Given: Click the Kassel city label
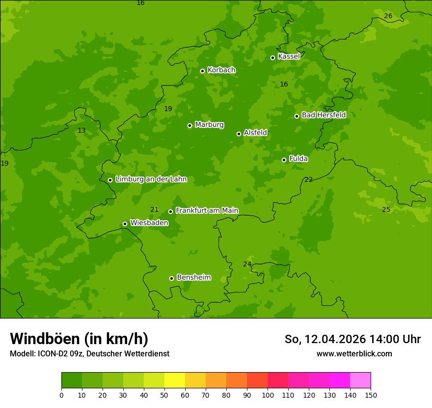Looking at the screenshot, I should (289, 57).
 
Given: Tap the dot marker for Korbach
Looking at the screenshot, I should (202, 71).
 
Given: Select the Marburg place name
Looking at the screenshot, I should (209, 125).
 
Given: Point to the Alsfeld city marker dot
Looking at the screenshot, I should (239, 134).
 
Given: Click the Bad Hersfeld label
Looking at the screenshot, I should (324, 115).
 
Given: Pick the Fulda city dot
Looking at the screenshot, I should (284, 160).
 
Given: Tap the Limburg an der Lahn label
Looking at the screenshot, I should (151, 179).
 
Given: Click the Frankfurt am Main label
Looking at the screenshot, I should (207, 210).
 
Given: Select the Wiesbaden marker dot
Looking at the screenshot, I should (125, 224).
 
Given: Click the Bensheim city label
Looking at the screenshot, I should (193, 277).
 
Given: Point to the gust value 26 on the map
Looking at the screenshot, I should (388, 16).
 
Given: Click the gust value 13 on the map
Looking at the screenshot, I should (81, 130).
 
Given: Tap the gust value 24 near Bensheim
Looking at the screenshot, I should (247, 264).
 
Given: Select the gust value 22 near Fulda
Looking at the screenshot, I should (308, 179).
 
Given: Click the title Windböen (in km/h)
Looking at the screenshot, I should (79, 339).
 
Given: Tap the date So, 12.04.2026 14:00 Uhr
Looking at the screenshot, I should (352, 339).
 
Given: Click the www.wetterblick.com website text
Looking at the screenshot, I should (354, 353).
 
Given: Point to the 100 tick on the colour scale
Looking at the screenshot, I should (268, 395).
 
